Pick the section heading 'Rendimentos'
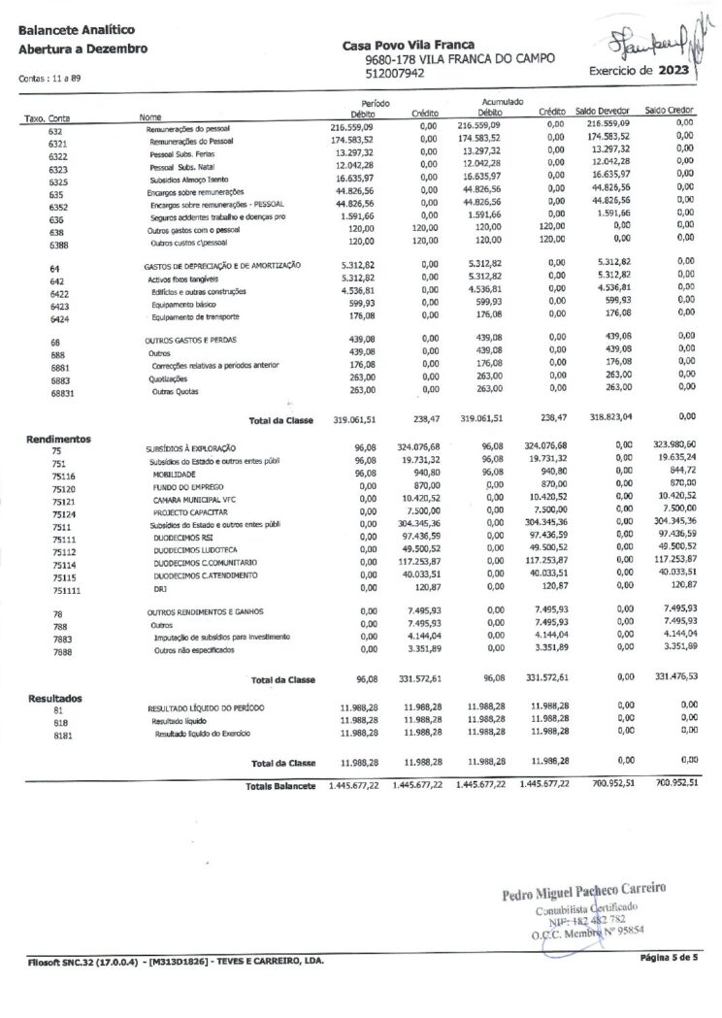pos(57,438)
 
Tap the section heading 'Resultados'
pos(54,698)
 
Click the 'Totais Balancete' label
pos(282,785)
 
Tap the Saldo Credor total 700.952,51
pos(671,784)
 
